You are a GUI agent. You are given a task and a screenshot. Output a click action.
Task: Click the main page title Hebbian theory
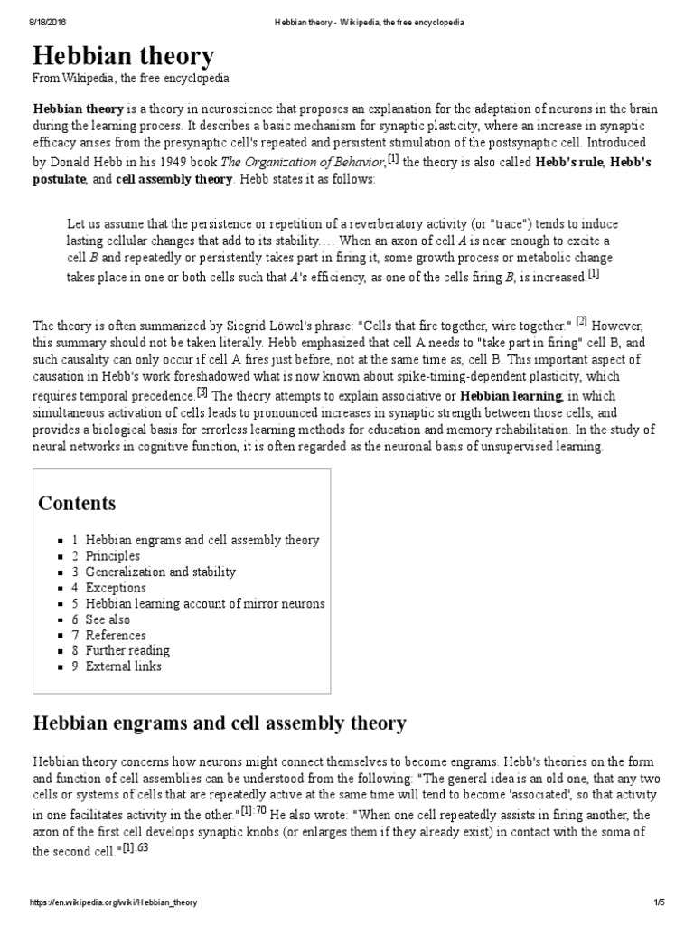pyautogui.click(x=124, y=57)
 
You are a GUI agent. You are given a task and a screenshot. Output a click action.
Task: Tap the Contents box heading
pyautogui.click(x=77, y=504)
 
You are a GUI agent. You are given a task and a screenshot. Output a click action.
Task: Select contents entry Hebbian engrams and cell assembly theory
pyautogui.click(x=202, y=540)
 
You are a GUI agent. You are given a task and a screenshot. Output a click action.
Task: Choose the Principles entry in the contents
pyautogui.click(x=112, y=556)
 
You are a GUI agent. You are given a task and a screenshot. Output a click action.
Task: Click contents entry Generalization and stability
pyautogui.click(x=160, y=572)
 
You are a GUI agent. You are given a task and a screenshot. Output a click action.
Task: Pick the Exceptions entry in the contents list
pyautogui.click(x=116, y=588)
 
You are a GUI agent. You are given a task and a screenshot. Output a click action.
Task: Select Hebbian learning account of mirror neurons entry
pyautogui.click(x=205, y=603)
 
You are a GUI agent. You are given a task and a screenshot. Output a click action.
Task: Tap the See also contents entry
pyautogui.click(x=108, y=619)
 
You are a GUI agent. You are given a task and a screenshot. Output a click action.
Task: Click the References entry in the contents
pyautogui.click(x=116, y=635)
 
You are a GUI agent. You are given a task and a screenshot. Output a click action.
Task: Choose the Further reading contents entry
pyautogui.click(x=127, y=650)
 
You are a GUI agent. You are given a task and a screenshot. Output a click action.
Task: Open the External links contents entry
pyautogui.click(x=123, y=666)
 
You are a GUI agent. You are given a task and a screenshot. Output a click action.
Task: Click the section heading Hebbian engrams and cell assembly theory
pyautogui.click(x=220, y=723)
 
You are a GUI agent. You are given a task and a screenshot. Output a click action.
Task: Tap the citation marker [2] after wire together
pyautogui.click(x=582, y=321)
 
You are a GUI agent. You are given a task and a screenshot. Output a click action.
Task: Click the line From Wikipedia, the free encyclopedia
pyautogui.click(x=131, y=80)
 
